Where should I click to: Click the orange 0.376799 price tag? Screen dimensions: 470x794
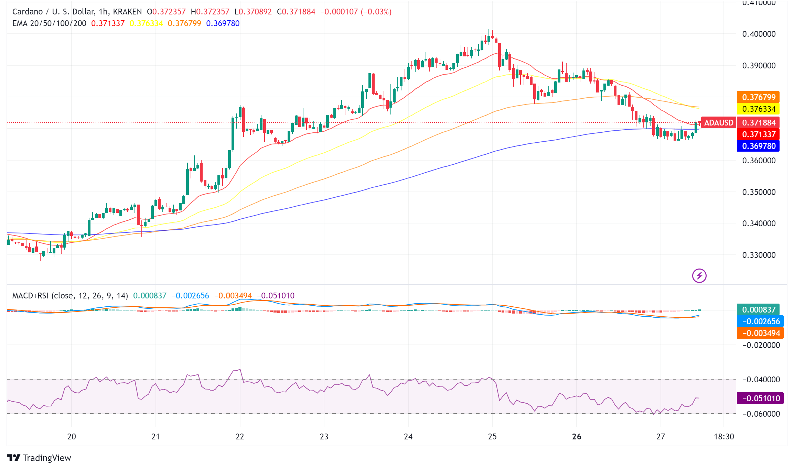758,97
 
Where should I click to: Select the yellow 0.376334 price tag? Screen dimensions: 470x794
758,109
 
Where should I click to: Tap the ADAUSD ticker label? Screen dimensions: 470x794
718,123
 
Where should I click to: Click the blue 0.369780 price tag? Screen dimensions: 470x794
758,146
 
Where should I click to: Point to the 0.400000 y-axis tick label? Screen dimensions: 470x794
759,34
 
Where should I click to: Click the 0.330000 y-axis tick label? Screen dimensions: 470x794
759,255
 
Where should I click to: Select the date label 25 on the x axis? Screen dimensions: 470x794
492,437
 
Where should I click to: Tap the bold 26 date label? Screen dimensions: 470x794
577,437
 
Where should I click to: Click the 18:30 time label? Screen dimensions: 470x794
724,437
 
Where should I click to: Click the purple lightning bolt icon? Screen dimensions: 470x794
699,276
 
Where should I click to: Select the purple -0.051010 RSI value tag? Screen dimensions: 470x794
760,398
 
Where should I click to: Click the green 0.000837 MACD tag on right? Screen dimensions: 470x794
758,310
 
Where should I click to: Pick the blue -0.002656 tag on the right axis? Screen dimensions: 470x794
760,321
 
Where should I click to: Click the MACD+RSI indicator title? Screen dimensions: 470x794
70,296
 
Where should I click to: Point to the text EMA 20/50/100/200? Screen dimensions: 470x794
49,23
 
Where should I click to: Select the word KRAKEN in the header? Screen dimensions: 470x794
127,12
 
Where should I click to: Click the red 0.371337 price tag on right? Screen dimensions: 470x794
758,134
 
